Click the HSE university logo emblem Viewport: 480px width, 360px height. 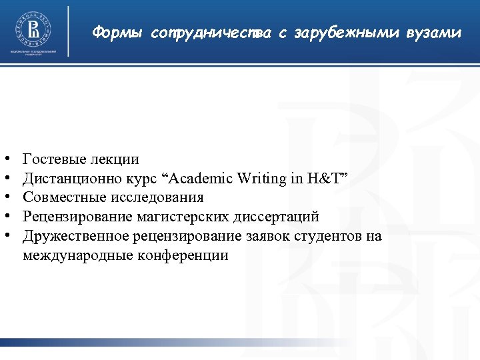tap(33, 29)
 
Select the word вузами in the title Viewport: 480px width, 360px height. tap(437, 33)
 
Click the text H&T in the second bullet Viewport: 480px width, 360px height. tap(323, 179)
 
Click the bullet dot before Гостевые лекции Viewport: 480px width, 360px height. tap(6, 160)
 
